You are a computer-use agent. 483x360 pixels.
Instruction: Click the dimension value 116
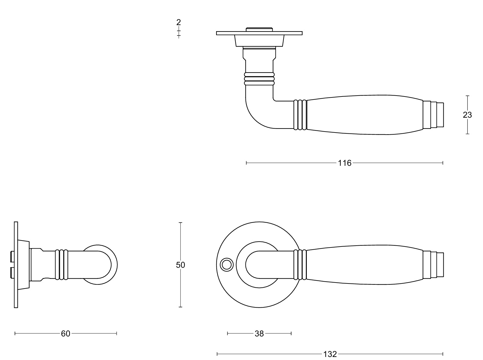point(345,163)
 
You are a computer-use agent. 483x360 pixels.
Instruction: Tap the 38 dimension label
point(259,334)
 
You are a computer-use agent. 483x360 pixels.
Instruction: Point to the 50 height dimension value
point(180,265)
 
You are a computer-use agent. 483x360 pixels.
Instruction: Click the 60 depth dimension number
point(66,334)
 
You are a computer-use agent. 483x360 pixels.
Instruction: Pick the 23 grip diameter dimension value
point(467,115)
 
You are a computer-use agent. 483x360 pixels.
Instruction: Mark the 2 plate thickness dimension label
point(179,22)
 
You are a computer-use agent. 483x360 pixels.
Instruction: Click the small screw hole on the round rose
point(227,265)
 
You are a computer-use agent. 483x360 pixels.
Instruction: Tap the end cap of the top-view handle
point(433,115)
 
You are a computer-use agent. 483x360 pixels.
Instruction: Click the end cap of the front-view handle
point(433,265)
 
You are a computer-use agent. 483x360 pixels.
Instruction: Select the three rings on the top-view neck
point(259,79)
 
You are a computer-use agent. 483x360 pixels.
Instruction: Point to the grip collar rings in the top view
point(300,115)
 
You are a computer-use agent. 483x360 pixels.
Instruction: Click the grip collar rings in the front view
point(300,265)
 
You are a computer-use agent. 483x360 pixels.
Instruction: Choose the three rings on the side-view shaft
point(61,265)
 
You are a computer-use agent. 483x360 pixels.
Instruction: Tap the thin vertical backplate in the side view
point(16,265)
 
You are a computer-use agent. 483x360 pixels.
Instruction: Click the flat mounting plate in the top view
point(259,33)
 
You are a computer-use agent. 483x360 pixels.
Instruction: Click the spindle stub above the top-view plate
point(259,29)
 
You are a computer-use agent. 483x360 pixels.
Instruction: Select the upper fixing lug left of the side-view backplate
point(12,257)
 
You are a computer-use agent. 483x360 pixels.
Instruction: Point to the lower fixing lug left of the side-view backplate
point(12,273)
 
